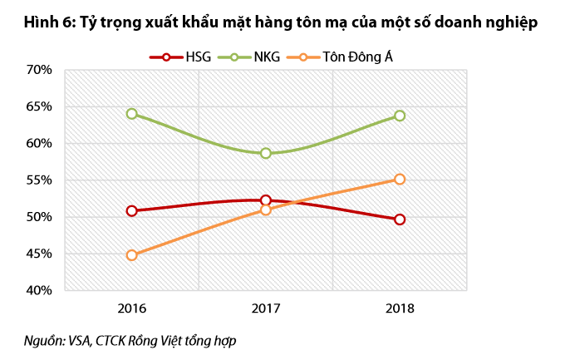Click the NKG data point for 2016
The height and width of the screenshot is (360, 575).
[x=132, y=114]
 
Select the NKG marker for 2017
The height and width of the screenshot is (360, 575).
[x=266, y=153]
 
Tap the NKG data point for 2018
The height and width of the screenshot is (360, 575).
[x=400, y=116]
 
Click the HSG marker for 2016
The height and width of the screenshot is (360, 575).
[x=132, y=210]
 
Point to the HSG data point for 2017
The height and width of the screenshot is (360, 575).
[x=266, y=200]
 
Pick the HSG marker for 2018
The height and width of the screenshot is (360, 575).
[x=400, y=219]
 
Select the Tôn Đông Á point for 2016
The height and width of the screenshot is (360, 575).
[x=132, y=255]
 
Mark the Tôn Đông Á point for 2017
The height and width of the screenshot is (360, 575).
[x=266, y=210]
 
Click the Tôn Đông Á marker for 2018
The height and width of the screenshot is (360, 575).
[x=400, y=179]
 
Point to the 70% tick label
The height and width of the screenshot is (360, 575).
[x=39, y=70]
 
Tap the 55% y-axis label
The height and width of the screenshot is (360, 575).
[x=39, y=180]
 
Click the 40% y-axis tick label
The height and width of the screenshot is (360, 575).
[x=39, y=290]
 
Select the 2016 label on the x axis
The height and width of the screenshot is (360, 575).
[x=132, y=308]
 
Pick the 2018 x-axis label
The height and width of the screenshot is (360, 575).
[x=400, y=308]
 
